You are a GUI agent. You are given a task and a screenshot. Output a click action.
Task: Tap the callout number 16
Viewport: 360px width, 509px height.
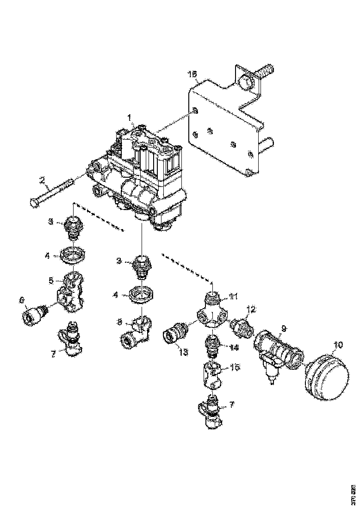(x=192, y=74)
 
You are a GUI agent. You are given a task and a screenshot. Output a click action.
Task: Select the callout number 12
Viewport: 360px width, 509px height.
(x=251, y=309)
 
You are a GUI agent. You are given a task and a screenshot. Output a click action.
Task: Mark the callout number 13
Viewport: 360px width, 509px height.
(x=183, y=352)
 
